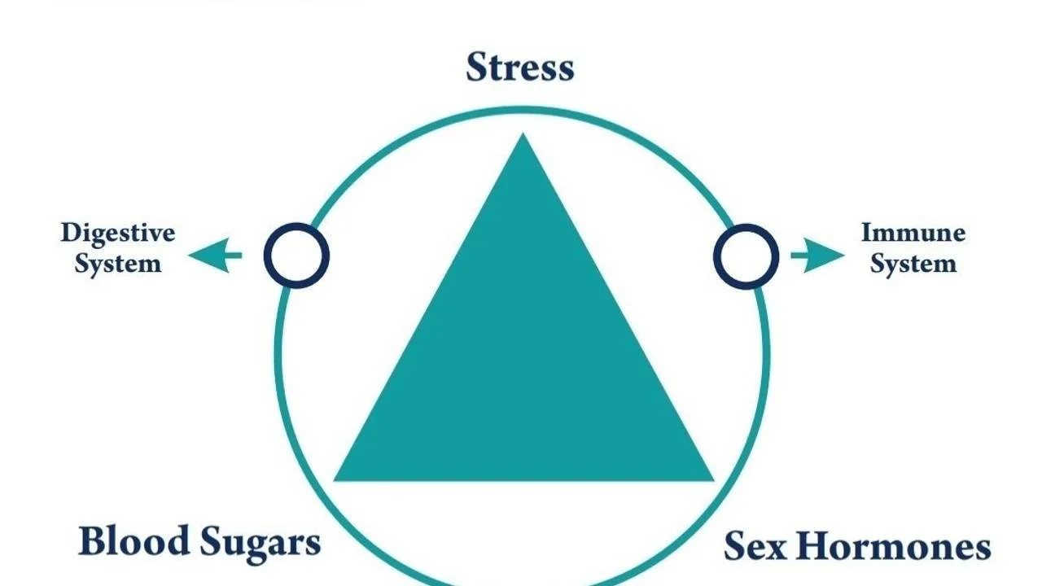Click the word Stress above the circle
point(520,68)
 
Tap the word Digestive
point(118,234)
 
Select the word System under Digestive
point(118,264)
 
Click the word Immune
point(913,234)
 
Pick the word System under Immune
point(913,264)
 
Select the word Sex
point(755,546)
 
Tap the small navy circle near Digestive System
point(296,256)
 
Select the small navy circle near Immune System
point(746,256)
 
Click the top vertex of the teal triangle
point(523,136)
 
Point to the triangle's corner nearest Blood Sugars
point(336,479)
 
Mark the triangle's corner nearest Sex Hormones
point(711,479)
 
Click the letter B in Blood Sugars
point(91,541)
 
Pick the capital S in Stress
point(477,68)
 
